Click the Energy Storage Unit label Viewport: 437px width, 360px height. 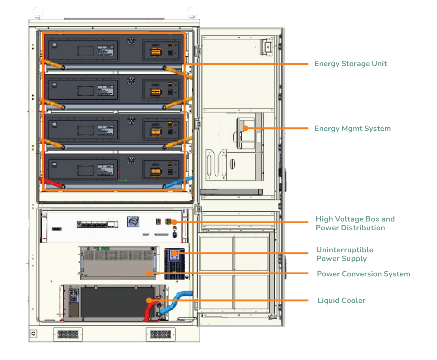[x=351, y=64]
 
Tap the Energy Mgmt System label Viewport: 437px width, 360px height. [x=352, y=129]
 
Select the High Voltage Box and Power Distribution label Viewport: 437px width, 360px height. [x=355, y=223]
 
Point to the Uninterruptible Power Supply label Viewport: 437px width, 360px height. [x=344, y=254]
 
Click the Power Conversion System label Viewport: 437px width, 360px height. [x=363, y=274]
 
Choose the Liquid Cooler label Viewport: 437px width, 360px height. [x=341, y=301]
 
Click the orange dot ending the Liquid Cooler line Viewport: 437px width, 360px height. [x=149, y=300]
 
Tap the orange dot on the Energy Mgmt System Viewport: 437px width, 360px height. [x=245, y=128]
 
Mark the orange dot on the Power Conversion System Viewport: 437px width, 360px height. [x=149, y=273]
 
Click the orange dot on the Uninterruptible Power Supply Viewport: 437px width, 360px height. [x=174, y=253]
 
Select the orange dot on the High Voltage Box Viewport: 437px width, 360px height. [x=174, y=222]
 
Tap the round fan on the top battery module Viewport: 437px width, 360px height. [x=131, y=41]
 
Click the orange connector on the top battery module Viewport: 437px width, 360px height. [x=156, y=52]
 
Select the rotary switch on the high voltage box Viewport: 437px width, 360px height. [x=133, y=222]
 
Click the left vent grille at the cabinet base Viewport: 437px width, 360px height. [x=68, y=334]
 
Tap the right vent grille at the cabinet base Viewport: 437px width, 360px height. [x=160, y=334]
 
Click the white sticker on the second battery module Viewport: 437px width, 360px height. [x=106, y=91]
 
